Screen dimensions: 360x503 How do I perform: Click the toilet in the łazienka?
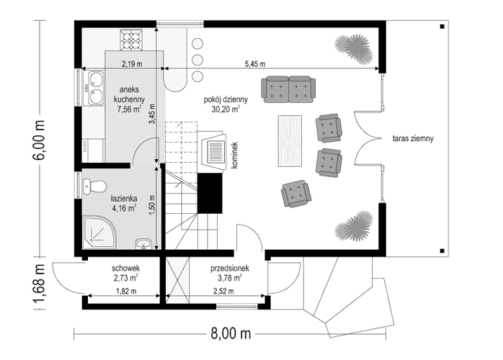coord(91,187)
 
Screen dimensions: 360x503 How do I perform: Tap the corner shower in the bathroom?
coord(97,235)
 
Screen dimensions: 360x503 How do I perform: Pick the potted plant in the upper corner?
coord(353,45)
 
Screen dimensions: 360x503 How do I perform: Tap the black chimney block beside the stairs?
coord(209,193)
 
